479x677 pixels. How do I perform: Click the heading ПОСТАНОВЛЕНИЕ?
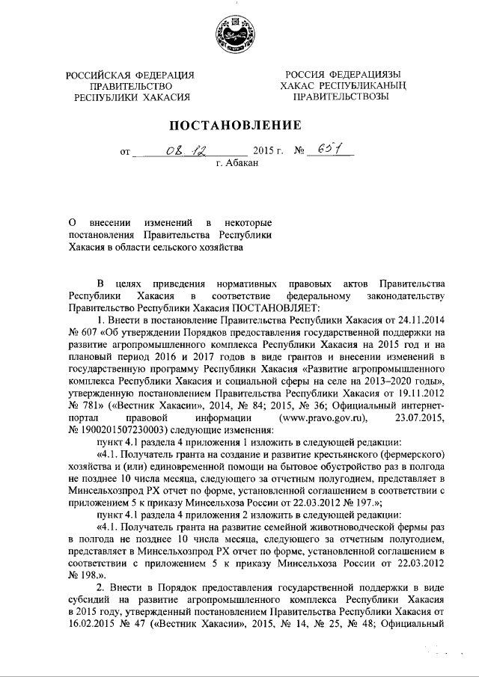point(239,124)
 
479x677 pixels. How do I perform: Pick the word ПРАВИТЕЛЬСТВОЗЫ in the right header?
point(341,97)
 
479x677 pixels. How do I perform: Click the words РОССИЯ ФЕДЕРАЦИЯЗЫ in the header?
point(341,75)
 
